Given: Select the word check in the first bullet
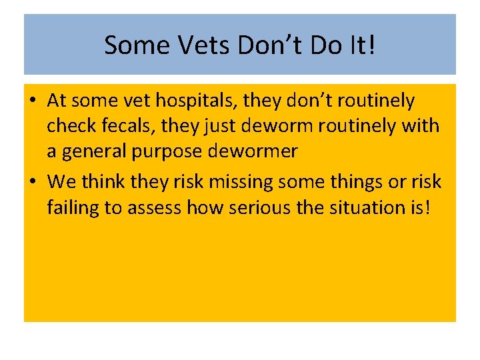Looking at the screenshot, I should click(70, 127).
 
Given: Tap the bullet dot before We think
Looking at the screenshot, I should click(32, 182).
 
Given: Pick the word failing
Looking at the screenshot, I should click(73, 207).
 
